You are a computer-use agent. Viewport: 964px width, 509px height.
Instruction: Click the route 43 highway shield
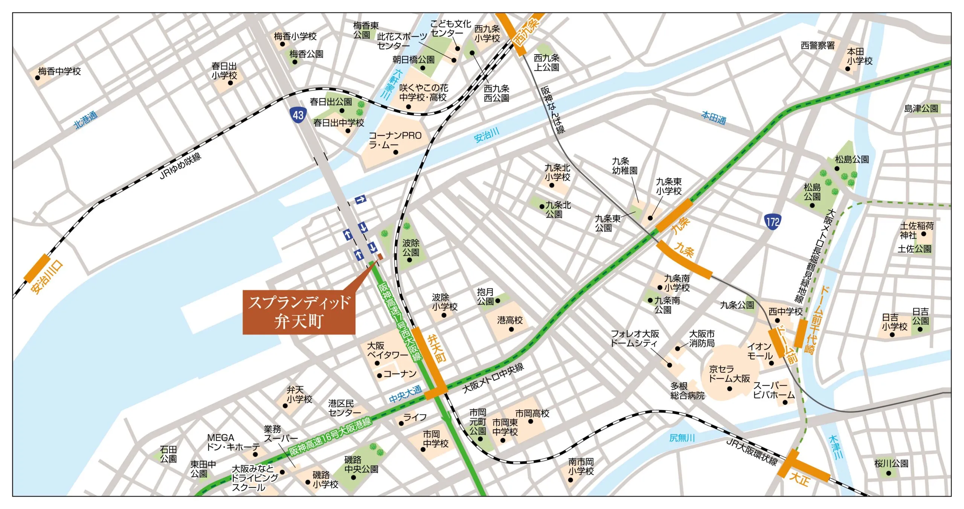click(x=298, y=114)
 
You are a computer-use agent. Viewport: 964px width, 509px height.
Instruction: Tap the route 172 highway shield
click(x=773, y=221)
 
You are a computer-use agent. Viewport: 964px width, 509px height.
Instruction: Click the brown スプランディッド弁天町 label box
click(x=299, y=312)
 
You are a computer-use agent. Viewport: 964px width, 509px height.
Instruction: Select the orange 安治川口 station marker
click(x=37, y=268)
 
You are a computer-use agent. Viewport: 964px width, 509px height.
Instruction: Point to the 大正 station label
click(x=799, y=479)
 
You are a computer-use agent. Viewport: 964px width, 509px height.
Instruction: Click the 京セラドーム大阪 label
click(x=729, y=374)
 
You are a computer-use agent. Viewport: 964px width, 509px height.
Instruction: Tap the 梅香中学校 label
click(x=59, y=71)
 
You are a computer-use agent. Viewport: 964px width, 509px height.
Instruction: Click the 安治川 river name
click(x=487, y=135)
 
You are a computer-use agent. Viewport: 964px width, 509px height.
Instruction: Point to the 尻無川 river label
click(x=682, y=437)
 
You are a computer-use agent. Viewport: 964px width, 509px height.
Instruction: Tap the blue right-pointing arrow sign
click(x=360, y=200)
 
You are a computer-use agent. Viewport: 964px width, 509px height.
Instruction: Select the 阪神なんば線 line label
click(x=553, y=110)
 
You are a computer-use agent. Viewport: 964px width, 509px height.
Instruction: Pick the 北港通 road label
click(x=86, y=120)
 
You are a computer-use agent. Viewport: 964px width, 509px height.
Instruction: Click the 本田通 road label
click(x=713, y=118)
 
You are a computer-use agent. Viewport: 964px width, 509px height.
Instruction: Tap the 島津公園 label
click(x=921, y=108)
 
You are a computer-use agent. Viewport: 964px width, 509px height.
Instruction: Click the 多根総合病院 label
click(x=687, y=391)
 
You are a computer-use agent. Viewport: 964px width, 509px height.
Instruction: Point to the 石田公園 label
click(x=168, y=454)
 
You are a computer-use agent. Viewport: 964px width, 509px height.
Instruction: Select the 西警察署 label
click(x=818, y=46)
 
